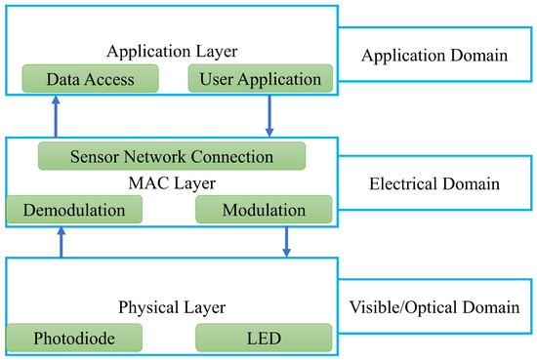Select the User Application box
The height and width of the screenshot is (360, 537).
coord(261,78)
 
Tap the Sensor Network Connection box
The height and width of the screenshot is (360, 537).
coord(171,156)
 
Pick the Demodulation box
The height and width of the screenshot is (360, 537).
coord(74,210)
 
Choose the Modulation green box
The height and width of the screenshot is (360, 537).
coord(265,210)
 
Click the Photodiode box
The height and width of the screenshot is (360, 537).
coord(74,339)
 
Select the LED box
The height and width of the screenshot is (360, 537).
coord(265,339)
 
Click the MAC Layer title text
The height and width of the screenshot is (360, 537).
coord(171,182)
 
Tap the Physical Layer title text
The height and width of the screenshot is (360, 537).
coord(171,308)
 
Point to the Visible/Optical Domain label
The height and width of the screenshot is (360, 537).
coord(434,308)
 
